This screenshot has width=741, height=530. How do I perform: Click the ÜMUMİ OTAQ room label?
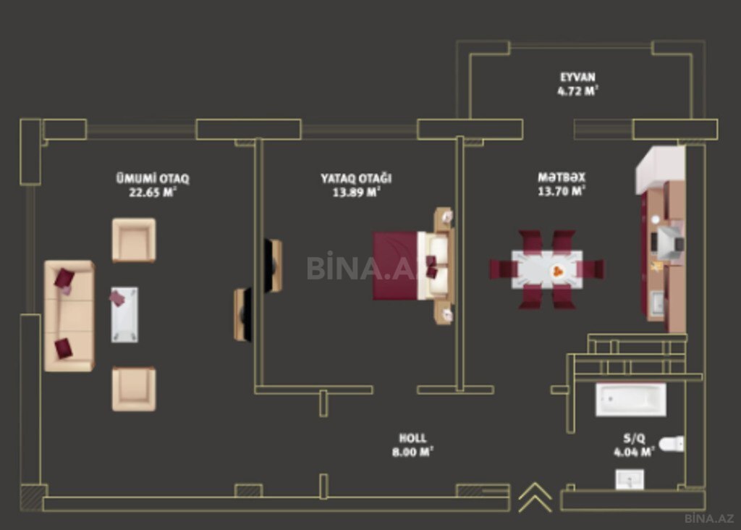153,179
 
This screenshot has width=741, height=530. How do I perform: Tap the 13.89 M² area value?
356,192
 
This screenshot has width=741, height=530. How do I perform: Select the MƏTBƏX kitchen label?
562,177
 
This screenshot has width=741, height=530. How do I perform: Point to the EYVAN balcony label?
577,77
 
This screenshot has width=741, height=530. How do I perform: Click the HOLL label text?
412,438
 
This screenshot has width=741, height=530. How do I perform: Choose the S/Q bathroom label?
634,438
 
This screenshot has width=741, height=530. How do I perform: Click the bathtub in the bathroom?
631,400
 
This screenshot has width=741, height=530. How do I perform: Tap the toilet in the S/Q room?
672,444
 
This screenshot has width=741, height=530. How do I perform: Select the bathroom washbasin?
629,479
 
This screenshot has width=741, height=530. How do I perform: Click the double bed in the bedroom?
413,266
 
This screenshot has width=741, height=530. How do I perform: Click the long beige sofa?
69,316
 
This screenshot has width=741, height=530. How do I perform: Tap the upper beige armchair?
134,240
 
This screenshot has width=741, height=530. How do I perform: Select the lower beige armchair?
134,389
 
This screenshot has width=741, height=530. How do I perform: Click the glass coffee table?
124,314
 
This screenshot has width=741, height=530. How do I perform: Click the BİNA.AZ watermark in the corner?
709,518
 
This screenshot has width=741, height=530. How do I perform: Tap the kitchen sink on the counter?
657,303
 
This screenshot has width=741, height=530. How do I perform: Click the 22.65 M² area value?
153,193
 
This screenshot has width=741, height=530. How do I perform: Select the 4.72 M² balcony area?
577,91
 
